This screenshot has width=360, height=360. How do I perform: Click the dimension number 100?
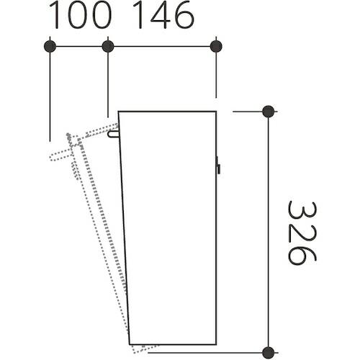pos(81,15)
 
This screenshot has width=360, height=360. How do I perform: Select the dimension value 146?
pos(163,15)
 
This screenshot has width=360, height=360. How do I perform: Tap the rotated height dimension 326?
pos(302,233)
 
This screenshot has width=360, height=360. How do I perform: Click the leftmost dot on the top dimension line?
pos(50,46)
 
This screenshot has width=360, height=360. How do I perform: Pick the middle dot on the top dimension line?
pos(108,46)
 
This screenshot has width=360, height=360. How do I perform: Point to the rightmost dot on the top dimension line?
pos(216,46)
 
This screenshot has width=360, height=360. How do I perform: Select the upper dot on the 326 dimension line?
pos(269,112)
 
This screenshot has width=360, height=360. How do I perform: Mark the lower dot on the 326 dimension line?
pos(269,353)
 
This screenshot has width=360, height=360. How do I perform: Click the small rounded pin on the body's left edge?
pos(113,134)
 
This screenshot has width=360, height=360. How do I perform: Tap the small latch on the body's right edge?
pos(218,165)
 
